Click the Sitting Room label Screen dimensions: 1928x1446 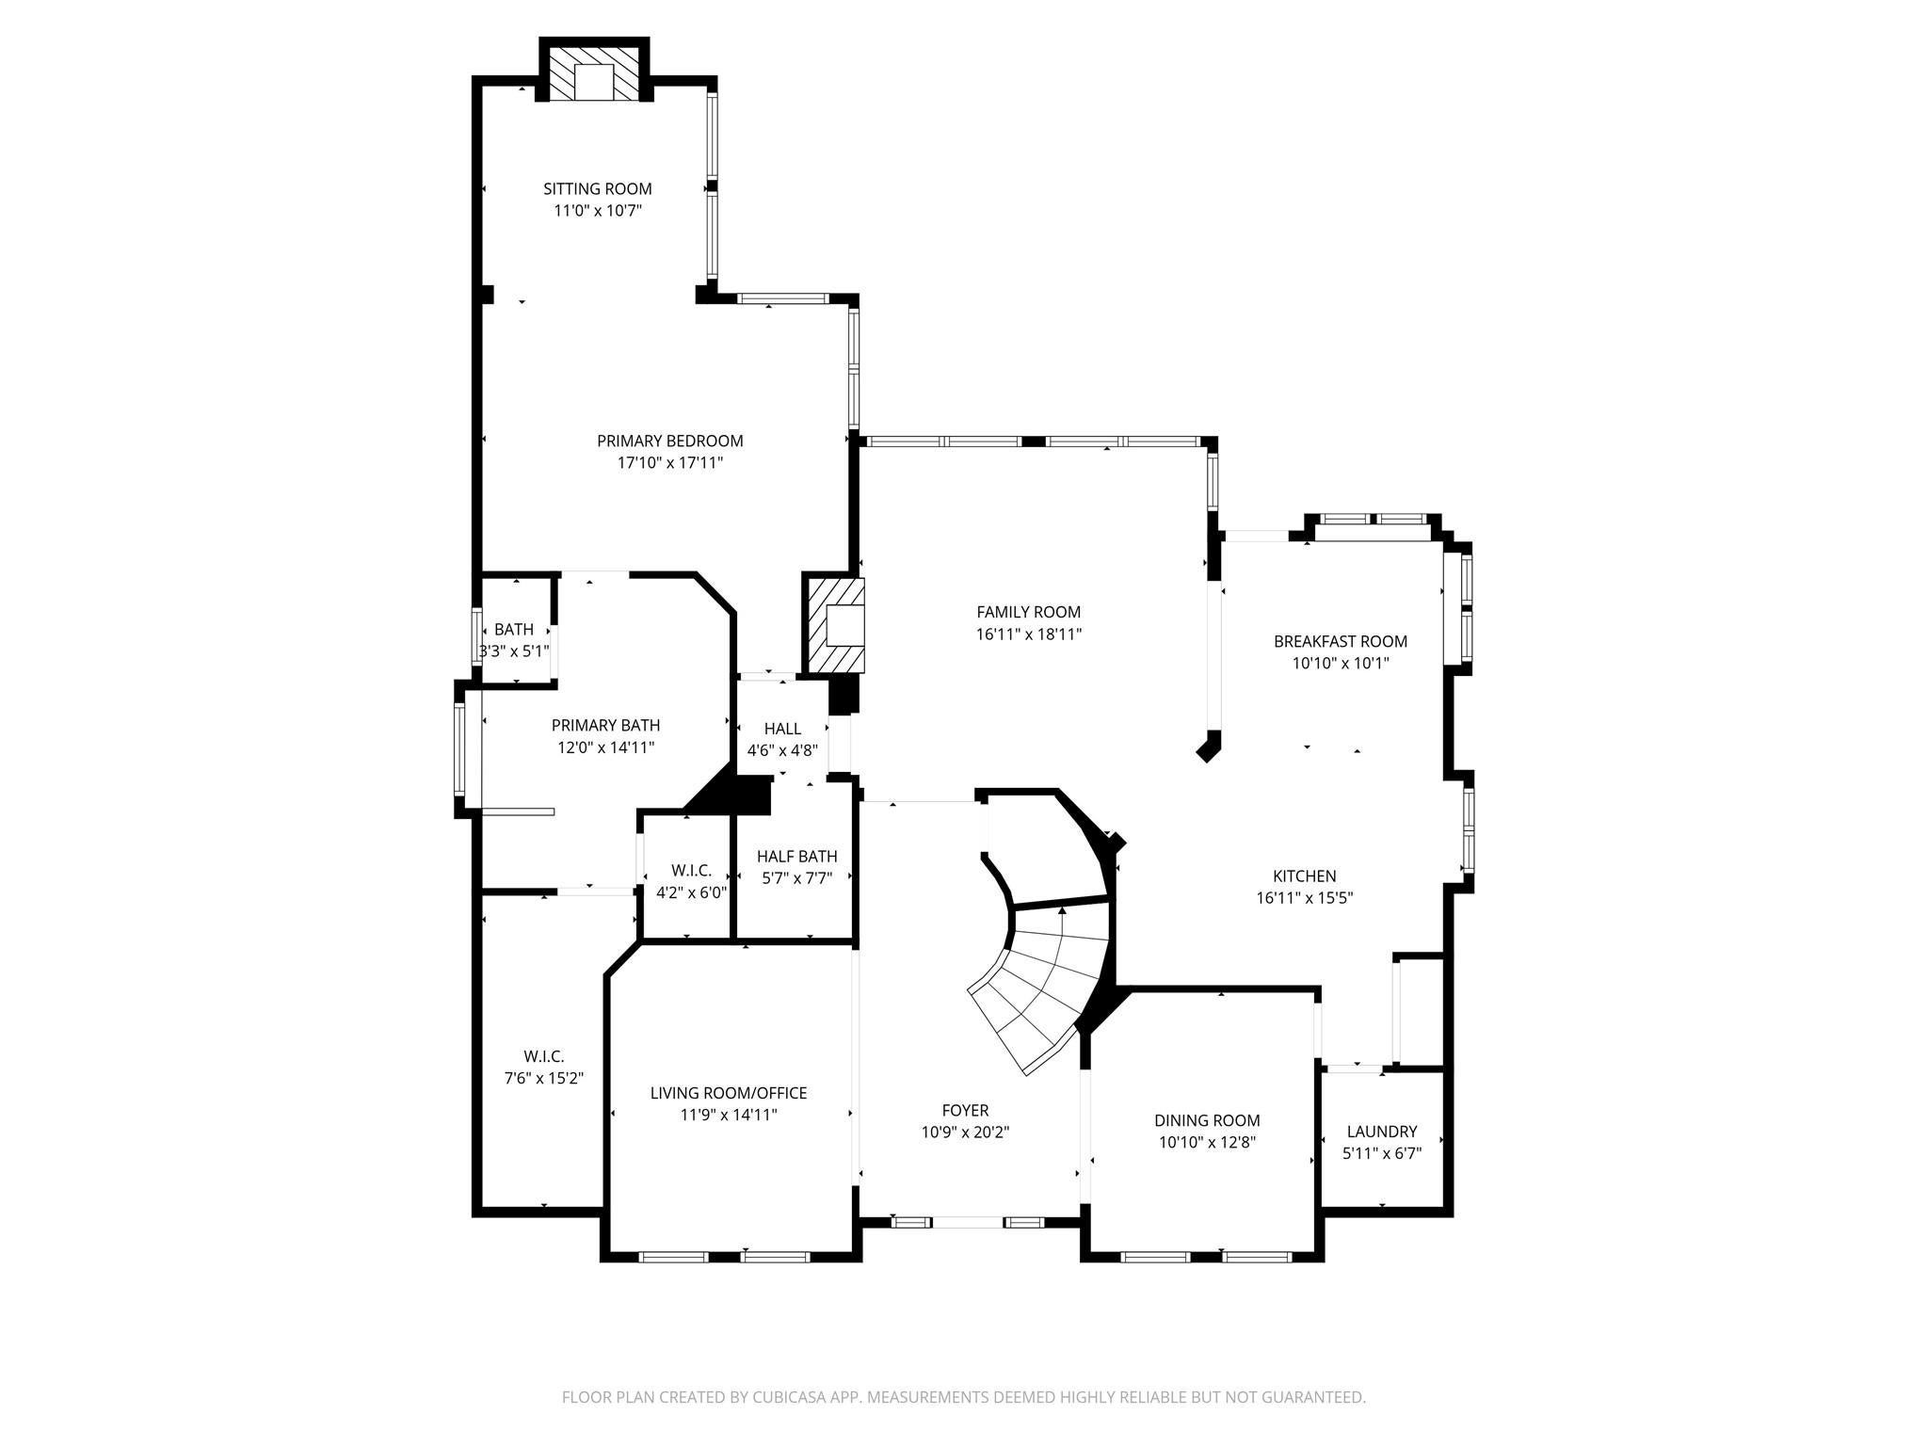597,189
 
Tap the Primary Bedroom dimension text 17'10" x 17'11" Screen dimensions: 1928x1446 670,463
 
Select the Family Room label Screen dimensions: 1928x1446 1028,612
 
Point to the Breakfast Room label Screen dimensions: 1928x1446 1341,641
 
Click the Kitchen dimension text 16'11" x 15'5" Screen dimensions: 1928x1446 1305,898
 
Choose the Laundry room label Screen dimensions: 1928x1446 1381,1132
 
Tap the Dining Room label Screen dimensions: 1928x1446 1207,1120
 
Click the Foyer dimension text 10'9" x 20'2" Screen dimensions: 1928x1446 965,1133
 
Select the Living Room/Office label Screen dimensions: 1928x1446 729,1093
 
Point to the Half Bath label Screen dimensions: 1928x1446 796,857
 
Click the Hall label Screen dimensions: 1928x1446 782,729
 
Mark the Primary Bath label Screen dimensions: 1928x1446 605,725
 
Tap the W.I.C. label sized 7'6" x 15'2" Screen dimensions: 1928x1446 544,1057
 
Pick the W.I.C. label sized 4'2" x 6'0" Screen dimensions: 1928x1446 691,871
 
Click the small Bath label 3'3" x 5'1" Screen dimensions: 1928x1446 514,630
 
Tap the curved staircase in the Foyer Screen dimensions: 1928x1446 1040,988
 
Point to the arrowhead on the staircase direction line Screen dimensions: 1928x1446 1062,910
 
